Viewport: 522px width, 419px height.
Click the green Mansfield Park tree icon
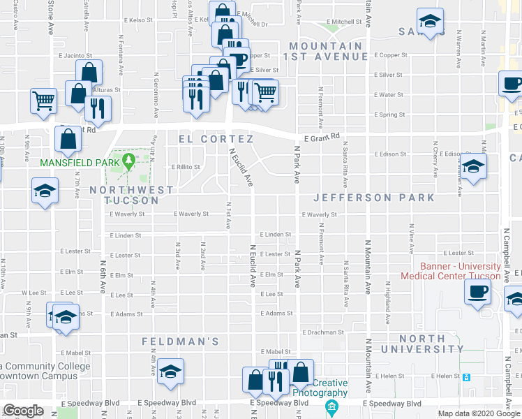pos(128,161)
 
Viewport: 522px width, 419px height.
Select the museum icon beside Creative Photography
pos(333,405)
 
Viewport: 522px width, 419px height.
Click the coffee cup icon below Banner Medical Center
pos(477,291)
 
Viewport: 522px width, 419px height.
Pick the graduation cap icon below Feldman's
pos(170,374)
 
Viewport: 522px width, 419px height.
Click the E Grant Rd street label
pos(320,138)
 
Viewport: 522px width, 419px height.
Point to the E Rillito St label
pos(186,167)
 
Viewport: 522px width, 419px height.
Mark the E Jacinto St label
pos(75,55)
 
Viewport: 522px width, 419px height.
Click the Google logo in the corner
pos(23,411)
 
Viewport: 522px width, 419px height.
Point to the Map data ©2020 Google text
pos(478,413)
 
